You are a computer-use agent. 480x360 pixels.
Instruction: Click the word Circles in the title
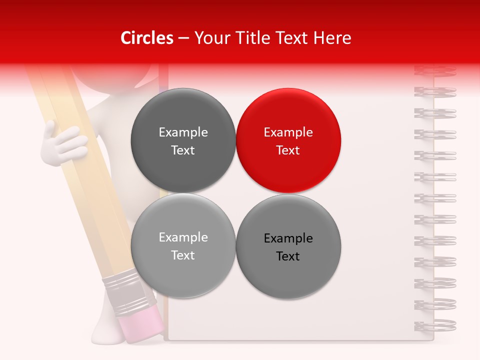[147, 38]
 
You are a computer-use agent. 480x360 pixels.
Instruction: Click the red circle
[288, 140]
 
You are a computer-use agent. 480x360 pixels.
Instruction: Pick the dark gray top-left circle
[183, 140]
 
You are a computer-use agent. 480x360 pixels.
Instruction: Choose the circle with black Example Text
[288, 246]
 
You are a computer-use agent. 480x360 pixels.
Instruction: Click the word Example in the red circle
[288, 132]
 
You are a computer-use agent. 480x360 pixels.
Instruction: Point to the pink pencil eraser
[141, 322]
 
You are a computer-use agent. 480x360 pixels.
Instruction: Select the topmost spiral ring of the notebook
[435, 70]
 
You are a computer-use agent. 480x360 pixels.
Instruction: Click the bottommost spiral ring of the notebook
[435, 325]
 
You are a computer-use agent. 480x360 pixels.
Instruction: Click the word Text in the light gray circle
[183, 255]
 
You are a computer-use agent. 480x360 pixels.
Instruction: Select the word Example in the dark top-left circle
[183, 132]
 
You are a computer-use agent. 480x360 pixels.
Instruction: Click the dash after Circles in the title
[183, 38]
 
